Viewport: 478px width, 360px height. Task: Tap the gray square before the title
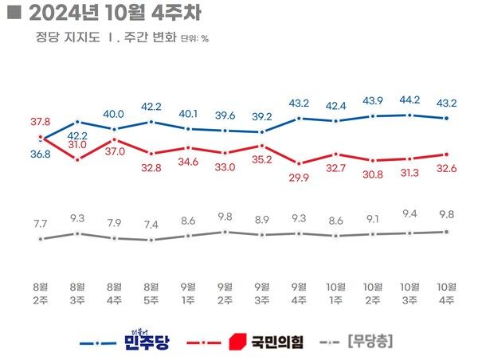(x=12, y=13)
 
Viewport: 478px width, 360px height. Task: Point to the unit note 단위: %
(x=195, y=38)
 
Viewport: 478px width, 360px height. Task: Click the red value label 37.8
(x=41, y=121)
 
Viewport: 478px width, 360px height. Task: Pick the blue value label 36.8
(x=41, y=154)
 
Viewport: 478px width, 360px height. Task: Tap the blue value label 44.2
(x=409, y=100)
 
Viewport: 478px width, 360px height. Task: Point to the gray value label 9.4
(x=409, y=213)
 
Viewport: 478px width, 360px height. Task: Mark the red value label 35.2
(x=262, y=159)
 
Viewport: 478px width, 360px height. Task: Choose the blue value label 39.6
(x=225, y=115)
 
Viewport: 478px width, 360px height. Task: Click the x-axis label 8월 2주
(x=41, y=292)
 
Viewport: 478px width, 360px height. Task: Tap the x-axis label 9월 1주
(x=189, y=292)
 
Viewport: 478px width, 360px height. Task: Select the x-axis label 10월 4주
(x=446, y=292)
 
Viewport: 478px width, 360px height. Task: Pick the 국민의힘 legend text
(x=278, y=343)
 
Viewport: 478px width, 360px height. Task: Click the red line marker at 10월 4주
(x=446, y=155)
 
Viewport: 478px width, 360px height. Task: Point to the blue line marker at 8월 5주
(x=152, y=122)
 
